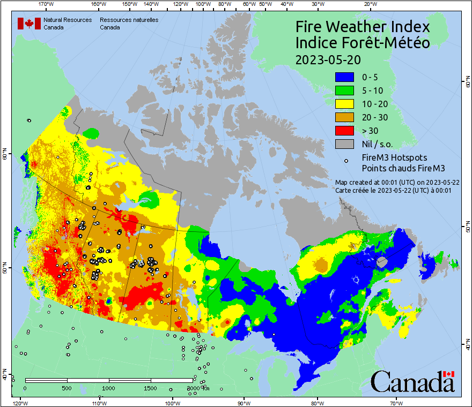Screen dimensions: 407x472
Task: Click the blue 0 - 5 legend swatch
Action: tap(344, 77)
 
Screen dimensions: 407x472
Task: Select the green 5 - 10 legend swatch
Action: tap(344, 91)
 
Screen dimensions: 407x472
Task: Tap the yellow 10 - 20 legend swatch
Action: tap(344, 104)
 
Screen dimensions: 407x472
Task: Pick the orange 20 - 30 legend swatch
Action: tap(344, 117)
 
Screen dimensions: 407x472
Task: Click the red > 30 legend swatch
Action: tap(344, 131)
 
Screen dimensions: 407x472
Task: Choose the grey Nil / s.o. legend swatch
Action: tap(344, 144)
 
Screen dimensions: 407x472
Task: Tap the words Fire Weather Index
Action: tap(363, 26)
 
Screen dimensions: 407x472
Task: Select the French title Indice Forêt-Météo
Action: tap(363, 43)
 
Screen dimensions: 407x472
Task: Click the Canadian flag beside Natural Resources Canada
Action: tap(29, 23)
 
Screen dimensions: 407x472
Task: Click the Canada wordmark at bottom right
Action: tap(412, 381)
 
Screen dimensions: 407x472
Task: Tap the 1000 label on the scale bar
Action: tap(109, 388)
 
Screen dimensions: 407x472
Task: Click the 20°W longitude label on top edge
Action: tap(369, 4)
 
